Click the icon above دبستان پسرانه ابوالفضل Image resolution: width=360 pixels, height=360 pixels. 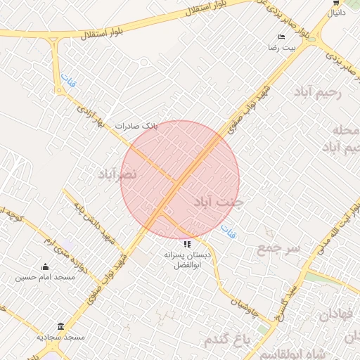pos(187,243)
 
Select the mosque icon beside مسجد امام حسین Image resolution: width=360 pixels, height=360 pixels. pos(46,266)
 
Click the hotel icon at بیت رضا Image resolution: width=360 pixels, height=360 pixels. pos(282,37)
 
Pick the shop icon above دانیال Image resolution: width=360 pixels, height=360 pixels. pos(336,2)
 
